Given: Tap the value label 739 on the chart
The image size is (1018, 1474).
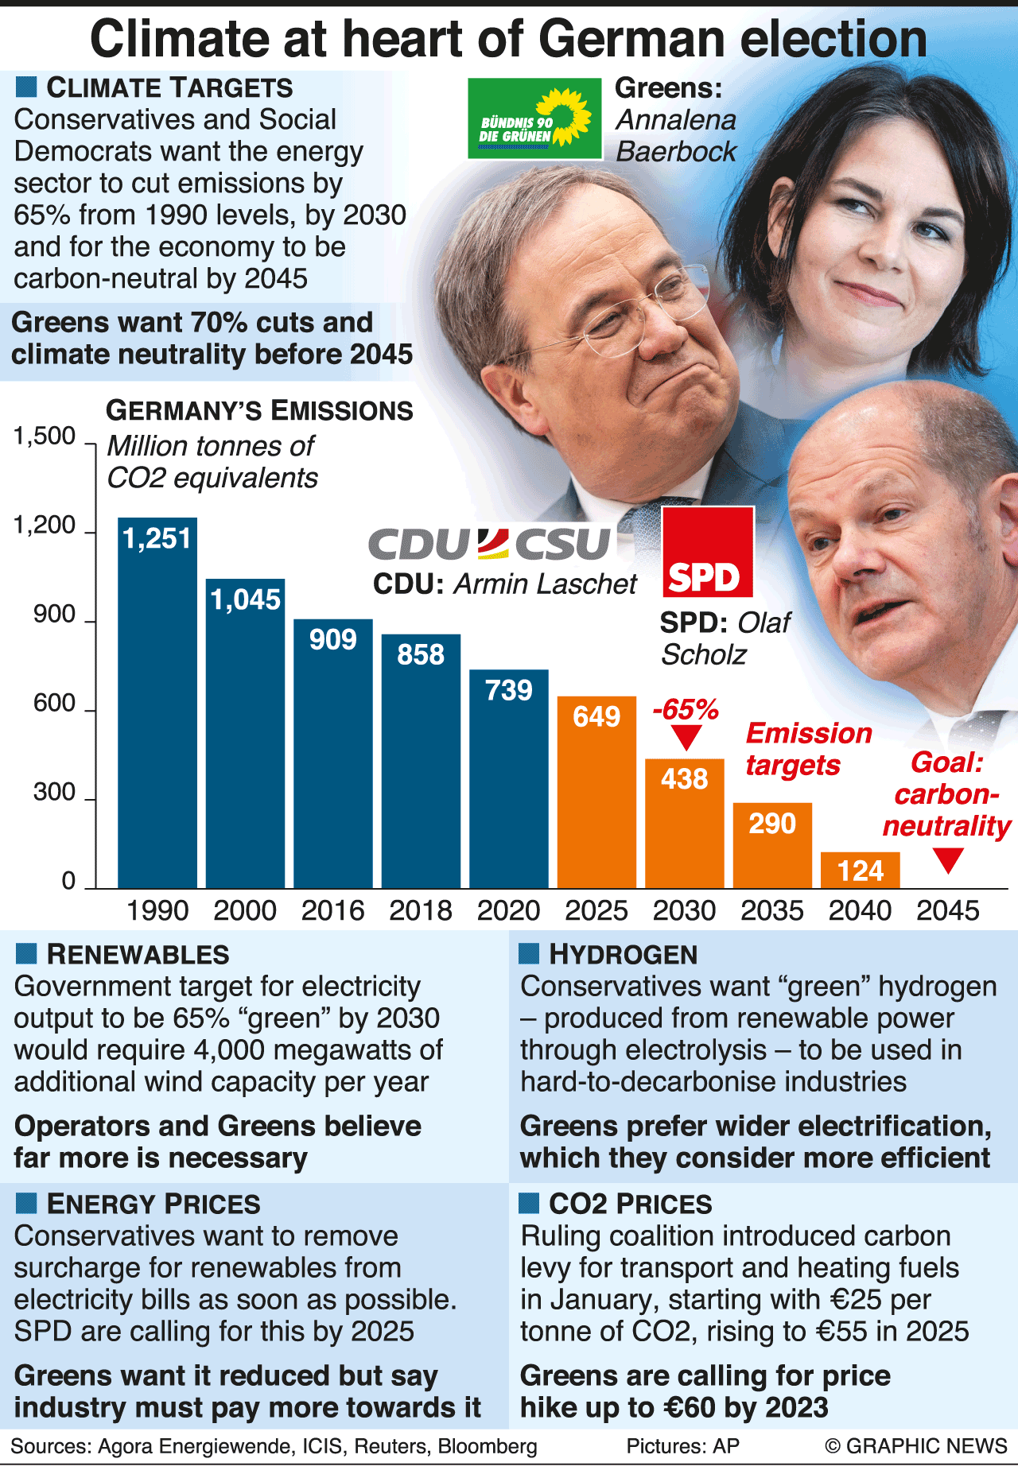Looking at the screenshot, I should (508, 690).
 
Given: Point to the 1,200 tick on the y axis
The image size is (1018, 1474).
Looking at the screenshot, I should (45, 526).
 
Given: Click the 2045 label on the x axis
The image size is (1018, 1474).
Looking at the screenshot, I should (947, 910).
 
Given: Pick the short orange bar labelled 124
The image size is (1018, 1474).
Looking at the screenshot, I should (860, 870).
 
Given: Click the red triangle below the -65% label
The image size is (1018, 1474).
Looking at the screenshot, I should (686, 738).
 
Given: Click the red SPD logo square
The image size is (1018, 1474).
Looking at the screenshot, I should (707, 552).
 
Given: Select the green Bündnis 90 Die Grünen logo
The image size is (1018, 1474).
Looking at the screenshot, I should (534, 118).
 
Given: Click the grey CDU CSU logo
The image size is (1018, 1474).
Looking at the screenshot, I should (490, 544).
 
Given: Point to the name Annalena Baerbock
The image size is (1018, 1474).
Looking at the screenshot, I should (676, 136).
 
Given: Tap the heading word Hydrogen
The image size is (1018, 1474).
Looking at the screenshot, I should (623, 954).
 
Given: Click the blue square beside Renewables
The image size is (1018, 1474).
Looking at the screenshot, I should (26, 953).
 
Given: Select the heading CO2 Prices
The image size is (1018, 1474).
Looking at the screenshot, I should (630, 1204).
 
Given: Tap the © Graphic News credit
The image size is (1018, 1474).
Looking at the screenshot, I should (916, 1445).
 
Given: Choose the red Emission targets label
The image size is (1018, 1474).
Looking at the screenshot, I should (808, 749).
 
